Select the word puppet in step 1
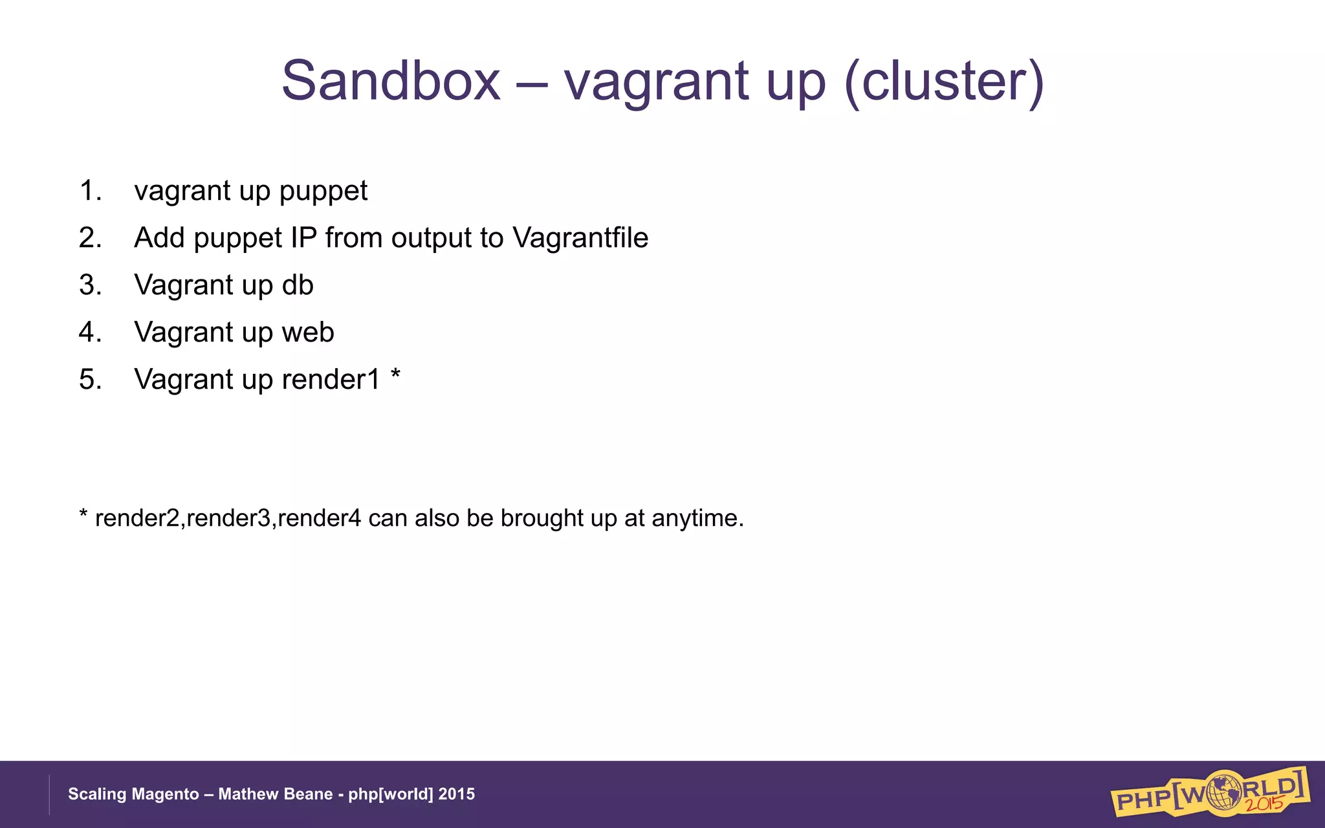point(323,191)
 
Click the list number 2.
point(90,238)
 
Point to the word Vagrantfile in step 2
point(580,238)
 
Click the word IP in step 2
point(303,238)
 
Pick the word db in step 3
point(298,285)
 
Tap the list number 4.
point(90,332)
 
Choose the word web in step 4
point(308,332)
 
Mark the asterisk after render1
point(395,375)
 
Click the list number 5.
point(90,380)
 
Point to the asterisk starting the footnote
point(83,515)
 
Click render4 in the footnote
point(319,519)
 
